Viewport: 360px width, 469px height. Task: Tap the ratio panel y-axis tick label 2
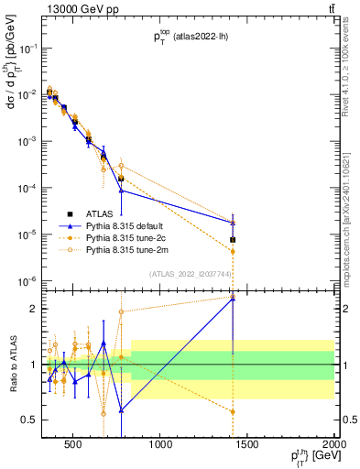[34, 309]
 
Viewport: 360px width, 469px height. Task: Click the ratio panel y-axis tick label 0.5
[30, 420]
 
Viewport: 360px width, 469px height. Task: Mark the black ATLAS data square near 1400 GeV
[233, 240]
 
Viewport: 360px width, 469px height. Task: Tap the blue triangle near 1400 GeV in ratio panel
[233, 299]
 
